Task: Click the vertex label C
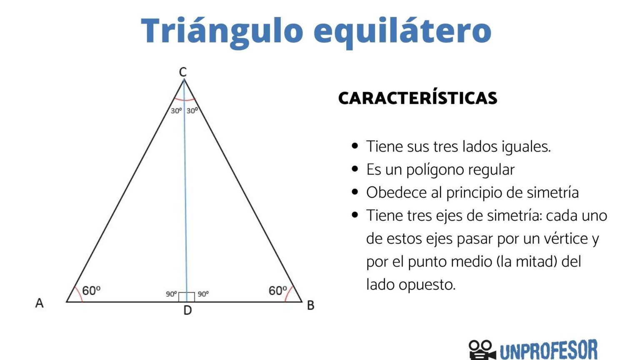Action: click(x=183, y=72)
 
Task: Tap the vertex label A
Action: click(x=39, y=303)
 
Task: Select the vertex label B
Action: click(x=310, y=305)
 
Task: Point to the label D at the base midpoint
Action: click(x=187, y=310)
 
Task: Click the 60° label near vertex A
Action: click(x=91, y=290)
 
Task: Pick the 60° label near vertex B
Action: click(x=278, y=290)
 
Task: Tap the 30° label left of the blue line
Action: click(x=176, y=111)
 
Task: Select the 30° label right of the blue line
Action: click(x=192, y=111)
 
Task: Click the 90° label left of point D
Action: click(x=171, y=294)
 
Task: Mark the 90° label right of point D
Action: click(x=203, y=294)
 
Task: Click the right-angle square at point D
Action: click(x=187, y=297)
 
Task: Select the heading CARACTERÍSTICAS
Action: click(x=417, y=98)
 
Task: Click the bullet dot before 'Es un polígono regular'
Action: click(x=355, y=169)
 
